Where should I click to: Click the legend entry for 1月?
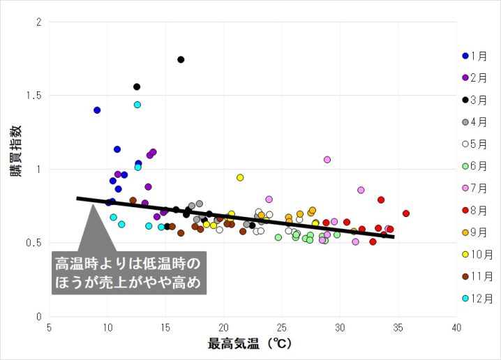click(478, 56)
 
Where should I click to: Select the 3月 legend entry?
click(478, 100)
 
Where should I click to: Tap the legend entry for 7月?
click(478, 188)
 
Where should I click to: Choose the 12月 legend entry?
click(478, 298)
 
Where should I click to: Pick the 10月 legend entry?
click(478, 254)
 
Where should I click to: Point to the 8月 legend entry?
click(478, 210)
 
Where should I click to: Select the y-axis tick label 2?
click(39, 22)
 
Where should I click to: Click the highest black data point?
click(181, 59)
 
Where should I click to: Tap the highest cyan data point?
click(137, 105)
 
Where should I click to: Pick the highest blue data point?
click(97, 110)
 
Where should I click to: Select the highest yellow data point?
click(240, 178)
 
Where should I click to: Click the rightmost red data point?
click(406, 213)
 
